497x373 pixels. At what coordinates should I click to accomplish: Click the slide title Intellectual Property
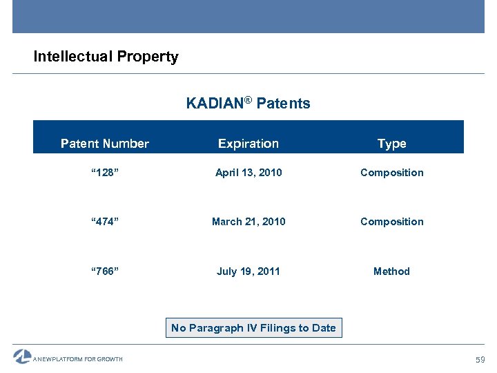coord(106,57)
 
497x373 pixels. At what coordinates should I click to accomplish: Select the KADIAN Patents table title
coord(248,104)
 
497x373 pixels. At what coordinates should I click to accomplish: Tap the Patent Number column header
coord(105,144)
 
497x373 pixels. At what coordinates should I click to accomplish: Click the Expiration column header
coord(248,144)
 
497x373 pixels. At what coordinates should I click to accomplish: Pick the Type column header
coord(391,144)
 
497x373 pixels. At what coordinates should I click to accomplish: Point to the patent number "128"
coord(105,173)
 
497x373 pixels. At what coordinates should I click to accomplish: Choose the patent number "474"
coord(105,222)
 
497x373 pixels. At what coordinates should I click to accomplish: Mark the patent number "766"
coord(105,271)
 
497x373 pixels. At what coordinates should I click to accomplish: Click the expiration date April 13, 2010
coord(248,173)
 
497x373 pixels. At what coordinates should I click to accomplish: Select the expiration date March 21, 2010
coord(248,222)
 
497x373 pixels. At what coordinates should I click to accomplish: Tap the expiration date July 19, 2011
coord(248,271)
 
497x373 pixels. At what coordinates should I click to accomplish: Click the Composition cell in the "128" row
coord(391,173)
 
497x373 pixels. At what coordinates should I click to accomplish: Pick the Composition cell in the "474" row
coord(391,222)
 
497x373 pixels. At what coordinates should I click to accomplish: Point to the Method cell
coord(391,271)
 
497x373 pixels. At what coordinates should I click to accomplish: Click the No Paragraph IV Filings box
coord(253,328)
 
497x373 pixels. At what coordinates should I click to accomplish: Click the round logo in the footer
coord(22,356)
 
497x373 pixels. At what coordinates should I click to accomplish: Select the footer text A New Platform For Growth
coord(78,359)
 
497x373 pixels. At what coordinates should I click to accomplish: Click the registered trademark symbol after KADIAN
coord(248,101)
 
